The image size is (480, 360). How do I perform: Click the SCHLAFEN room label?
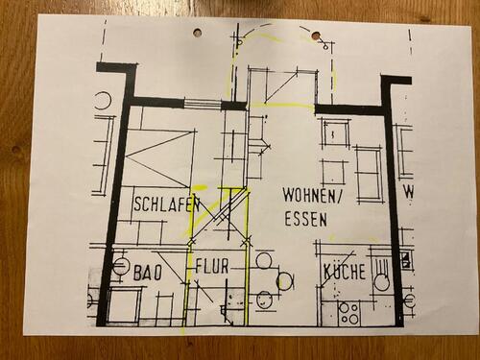tap(166, 204)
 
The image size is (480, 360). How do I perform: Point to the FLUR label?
tap(212, 267)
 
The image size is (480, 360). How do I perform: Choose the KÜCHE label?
tap(344, 272)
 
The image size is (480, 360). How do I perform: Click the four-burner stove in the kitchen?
tap(348, 312)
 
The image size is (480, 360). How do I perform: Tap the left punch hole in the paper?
tap(197, 33)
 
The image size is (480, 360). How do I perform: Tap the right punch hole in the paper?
tap(315, 36)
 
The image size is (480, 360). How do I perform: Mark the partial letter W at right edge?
tap(408, 192)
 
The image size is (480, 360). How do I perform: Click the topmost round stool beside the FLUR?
tap(264, 260)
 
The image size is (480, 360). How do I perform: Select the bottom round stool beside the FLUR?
tap(263, 301)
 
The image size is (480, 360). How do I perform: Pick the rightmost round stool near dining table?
tap(285, 280)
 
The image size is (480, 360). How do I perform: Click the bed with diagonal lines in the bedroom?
tap(160, 154)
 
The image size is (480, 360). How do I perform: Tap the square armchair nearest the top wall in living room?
tap(335, 132)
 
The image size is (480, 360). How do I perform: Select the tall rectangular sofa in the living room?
tap(368, 173)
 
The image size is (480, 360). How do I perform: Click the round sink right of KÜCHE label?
tap(381, 282)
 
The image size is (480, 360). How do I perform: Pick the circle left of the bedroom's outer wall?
tap(103, 100)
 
